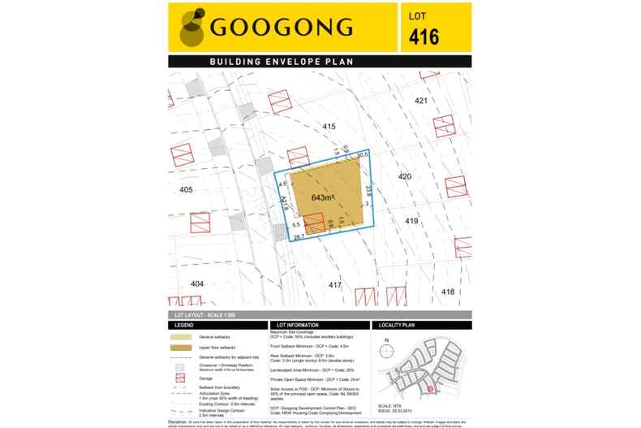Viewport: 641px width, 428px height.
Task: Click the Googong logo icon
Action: (x=192, y=28)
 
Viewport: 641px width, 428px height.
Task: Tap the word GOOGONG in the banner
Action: (x=282, y=28)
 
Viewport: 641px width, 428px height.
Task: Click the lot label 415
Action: (x=329, y=127)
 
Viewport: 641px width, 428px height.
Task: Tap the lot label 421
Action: (x=420, y=101)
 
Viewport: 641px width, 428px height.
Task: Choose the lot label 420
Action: (x=405, y=176)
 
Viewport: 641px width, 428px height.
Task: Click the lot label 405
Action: (x=186, y=189)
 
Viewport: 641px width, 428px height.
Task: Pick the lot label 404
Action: (x=196, y=283)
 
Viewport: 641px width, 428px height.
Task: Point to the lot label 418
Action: (x=448, y=291)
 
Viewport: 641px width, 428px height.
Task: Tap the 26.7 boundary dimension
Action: (x=299, y=236)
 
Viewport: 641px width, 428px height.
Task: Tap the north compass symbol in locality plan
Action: (x=387, y=342)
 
